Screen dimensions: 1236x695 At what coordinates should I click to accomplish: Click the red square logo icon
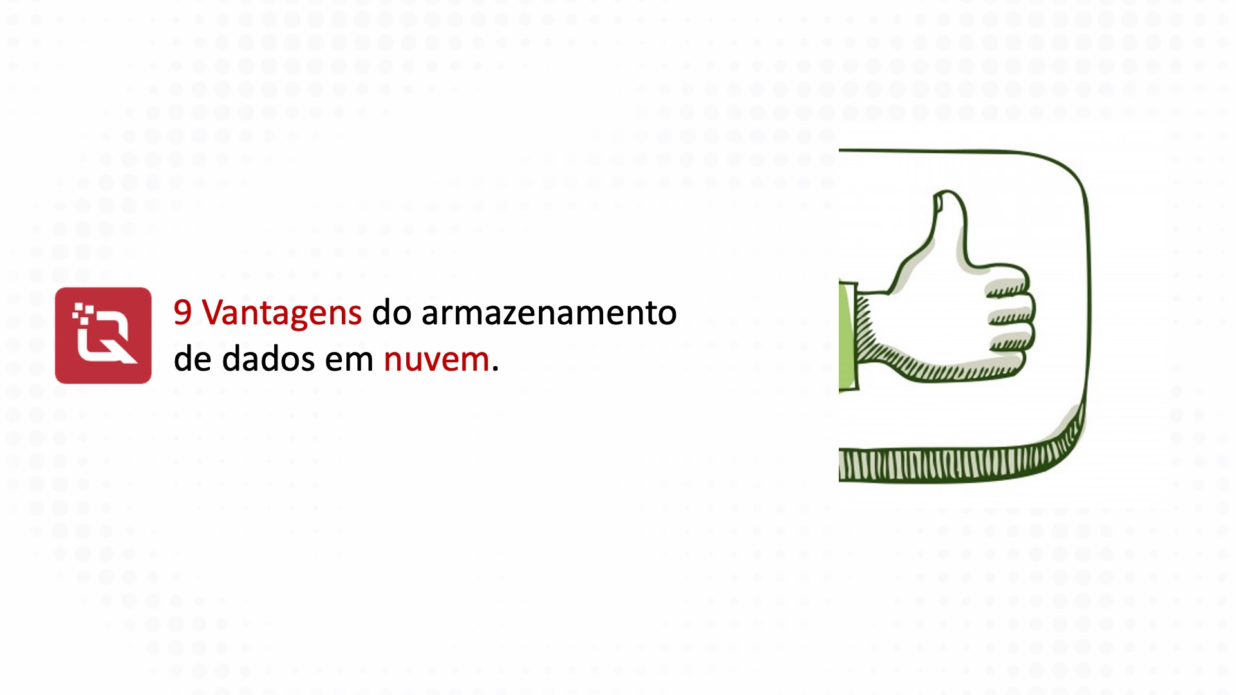click(x=103, y=335)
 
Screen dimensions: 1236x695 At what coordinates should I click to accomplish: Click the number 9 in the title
click(x=183, y=313)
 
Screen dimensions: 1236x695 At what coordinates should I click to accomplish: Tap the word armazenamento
click(x=548, y=313)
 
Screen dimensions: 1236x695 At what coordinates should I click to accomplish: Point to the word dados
click(x=269, y=359)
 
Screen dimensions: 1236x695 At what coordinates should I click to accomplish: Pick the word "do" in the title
click(x=391, y=313)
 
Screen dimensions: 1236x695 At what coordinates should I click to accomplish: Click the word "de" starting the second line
click(x=192, y=359)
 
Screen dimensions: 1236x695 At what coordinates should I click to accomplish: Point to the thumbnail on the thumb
click(x=939, y=203)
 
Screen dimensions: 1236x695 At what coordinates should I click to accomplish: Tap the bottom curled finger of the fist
click(x=1007, y=360)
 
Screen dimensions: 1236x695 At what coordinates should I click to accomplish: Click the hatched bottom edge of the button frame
click(x=953, y=465)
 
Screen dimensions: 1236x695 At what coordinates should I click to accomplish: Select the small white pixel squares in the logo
click(x=82, y=312)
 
